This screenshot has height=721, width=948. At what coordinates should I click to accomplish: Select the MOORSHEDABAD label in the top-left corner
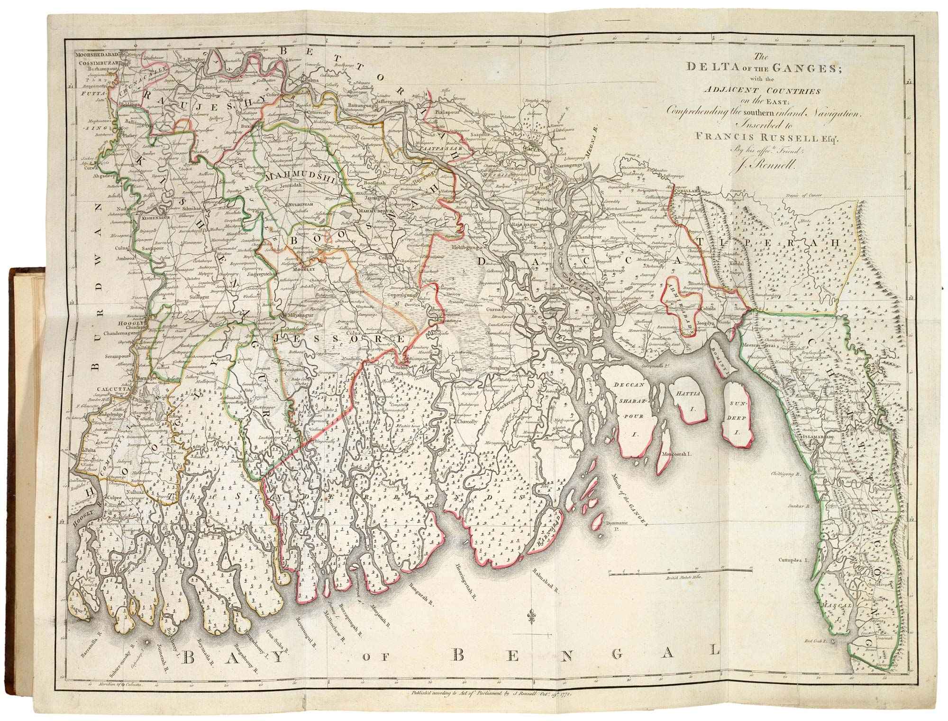pos(97,55)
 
